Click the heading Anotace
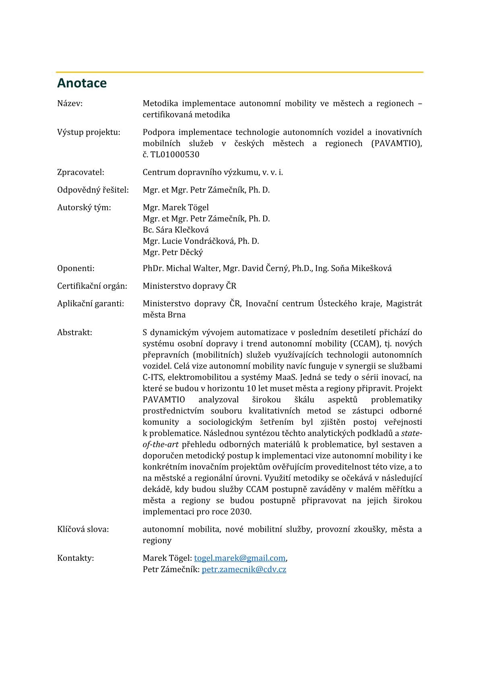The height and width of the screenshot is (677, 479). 82,83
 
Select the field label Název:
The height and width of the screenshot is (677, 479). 70,103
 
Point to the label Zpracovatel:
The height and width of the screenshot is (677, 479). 81,172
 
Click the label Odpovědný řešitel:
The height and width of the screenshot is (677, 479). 93,190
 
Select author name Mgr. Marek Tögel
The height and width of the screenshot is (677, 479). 175,208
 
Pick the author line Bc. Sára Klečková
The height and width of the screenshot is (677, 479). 175,230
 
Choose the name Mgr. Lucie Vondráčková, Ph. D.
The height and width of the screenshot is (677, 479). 200,241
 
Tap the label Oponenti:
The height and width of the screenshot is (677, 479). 76,268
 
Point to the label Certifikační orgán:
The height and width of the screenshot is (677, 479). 92,286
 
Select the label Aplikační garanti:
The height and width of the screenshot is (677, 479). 91,304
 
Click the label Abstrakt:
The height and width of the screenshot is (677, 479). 74,333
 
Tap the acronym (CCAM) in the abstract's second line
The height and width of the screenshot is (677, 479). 365,344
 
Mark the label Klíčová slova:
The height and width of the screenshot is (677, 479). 83,529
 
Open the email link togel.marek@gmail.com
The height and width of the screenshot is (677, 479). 239,558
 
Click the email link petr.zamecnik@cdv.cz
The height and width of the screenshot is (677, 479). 244,570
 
